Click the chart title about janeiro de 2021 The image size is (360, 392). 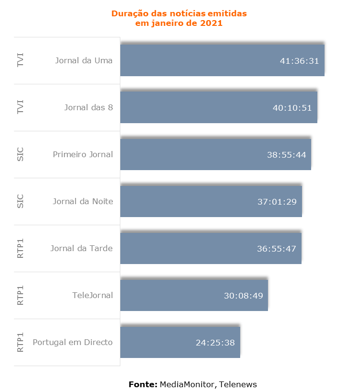click(179, 18)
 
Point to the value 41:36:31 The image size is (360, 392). click(300, 61)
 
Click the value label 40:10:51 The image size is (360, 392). click(292, 108)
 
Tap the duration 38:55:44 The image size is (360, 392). click(287, 155)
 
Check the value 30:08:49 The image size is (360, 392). click(244, 296)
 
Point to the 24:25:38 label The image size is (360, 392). click(215, 343)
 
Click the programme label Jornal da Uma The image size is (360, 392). click(84, 60)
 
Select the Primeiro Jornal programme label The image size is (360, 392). click(83, 154)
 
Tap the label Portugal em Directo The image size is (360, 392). click(73, 342)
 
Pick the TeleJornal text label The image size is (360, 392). click(93, 295)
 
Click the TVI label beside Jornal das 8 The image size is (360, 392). click(20, 107)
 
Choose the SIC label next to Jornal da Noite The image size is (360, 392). click(20, 201)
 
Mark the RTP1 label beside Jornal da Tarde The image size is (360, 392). click(20, 248)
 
